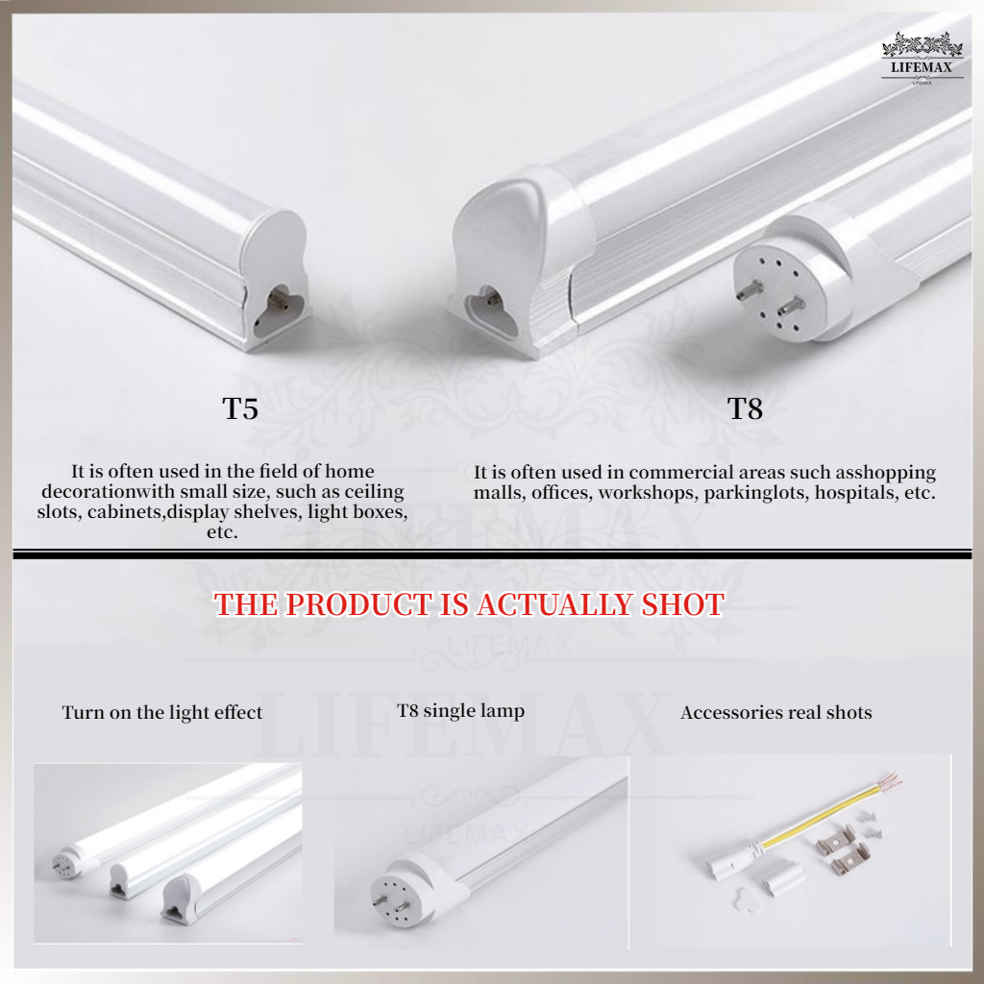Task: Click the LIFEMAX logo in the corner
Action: coord(922,59)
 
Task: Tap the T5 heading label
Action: coord(240,408)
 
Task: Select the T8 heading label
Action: coord(745,408)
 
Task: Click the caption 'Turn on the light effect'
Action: coord(161,712)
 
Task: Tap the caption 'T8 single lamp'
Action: coord(460,711)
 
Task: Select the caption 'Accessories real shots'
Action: coord(776,712)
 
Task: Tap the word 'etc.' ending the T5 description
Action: coord(222,532)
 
